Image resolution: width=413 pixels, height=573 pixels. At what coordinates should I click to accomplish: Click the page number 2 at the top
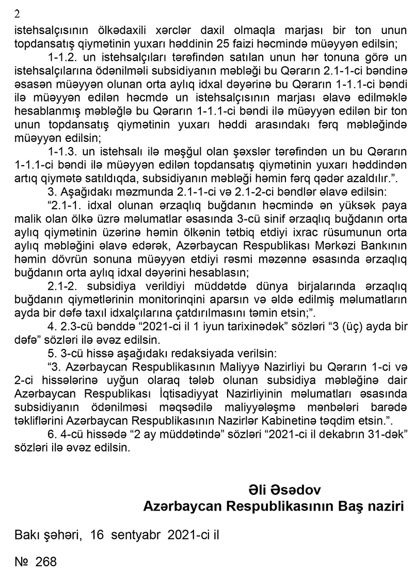tap(17, 14)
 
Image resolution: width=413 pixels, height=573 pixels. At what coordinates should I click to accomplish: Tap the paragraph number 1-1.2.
tap(63, 55)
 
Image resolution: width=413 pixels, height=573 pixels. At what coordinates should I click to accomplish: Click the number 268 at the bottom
tap(45, 562)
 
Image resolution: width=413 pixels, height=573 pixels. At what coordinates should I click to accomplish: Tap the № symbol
tap(22, 562)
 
